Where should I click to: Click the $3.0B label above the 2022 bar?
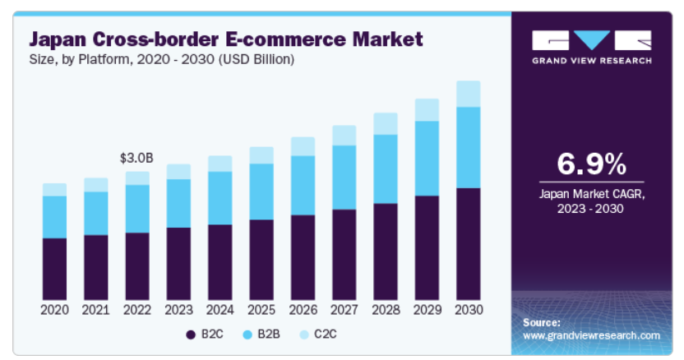[x=136, y=157]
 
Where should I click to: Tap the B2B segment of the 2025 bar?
[x=261, y=192]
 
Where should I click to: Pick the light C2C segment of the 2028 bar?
[x=386, y=123]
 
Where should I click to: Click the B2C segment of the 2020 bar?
[x=54, y=268]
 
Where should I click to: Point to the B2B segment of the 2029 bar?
[x=427, y=158]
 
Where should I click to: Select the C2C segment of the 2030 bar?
[x=468, y=94]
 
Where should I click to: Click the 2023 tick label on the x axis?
[x=178, y=310]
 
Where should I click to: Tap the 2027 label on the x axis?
[x=344, y=310]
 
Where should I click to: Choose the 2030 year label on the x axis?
[x=468, y=310]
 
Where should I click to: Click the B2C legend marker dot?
[x=191, y=335]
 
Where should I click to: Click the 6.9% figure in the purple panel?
[x=591, y=164]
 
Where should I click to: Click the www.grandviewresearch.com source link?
[x=591, y=335]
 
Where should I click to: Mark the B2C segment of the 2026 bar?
[x=303, y=256]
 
